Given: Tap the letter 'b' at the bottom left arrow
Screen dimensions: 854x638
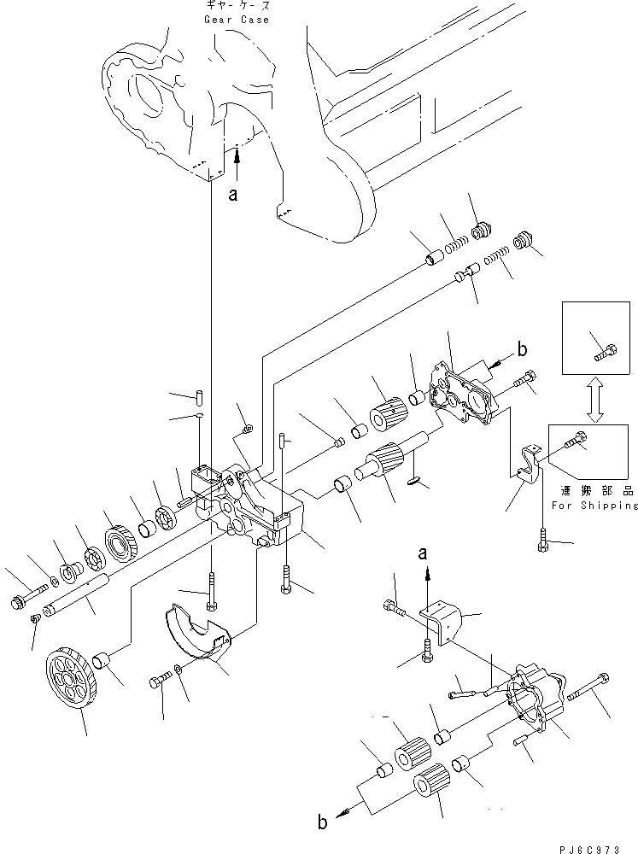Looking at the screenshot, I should coord(324,822).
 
